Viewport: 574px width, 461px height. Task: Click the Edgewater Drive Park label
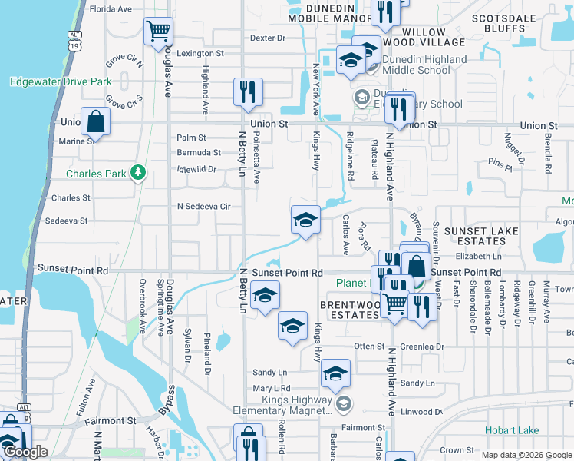coord(61,81)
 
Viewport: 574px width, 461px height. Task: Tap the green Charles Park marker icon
coord(138,173)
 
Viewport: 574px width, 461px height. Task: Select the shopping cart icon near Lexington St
coord(158,32)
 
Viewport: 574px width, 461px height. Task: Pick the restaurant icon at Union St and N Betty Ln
coord(248,93)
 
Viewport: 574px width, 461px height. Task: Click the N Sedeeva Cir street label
coord(203,207)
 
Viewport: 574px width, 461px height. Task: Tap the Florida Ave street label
coord(111,9)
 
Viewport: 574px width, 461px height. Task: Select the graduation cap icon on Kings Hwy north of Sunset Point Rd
coord(305,221)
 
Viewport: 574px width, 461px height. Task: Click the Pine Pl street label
coord(499,164)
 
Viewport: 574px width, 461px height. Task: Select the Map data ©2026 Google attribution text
coord(526,455)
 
